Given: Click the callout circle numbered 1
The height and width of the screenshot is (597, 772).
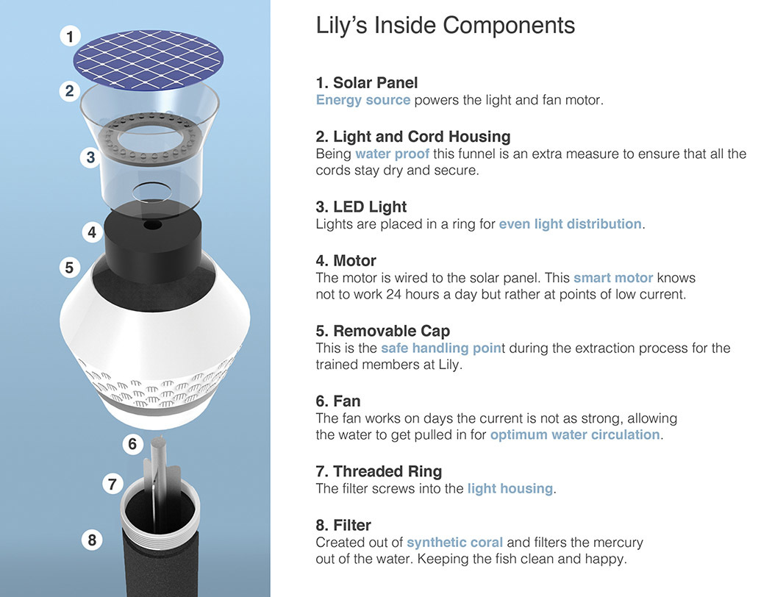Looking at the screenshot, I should [x=70, y=36].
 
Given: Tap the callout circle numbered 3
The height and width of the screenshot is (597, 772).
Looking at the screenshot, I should [x=90, y=158].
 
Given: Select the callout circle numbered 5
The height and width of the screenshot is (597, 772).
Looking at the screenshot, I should [x=69, y=267].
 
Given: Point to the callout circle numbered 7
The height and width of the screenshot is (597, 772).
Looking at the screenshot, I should [x=112, y=484].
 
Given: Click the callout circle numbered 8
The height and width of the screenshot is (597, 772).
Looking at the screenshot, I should [x=92, y=540].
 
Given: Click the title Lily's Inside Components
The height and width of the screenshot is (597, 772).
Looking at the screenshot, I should [x=445, y=25].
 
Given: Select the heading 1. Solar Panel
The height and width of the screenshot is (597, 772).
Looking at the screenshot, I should [x=366, y=82].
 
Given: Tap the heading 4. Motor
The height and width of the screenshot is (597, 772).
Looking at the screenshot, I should [x=346, y=261].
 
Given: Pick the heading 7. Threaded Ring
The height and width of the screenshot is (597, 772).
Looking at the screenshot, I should [x=378, y=471].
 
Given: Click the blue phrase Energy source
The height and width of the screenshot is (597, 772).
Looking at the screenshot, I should [x=362, y=100].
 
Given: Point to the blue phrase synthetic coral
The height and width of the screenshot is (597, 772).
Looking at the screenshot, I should [x=454, y=542].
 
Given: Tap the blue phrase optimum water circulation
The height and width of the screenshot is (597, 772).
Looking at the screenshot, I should [x=575, y=435].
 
